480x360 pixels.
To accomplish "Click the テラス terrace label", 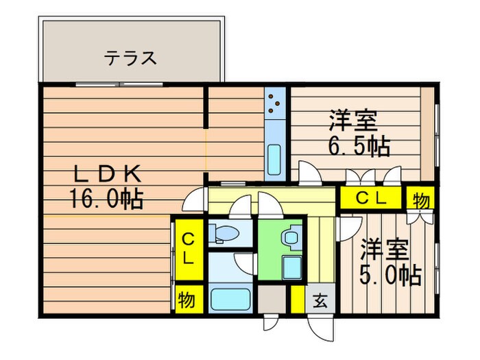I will [x=130, y=58].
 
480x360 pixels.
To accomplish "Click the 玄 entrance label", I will [x=320, y=300].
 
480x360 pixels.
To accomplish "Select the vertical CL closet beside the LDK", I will [x=187, y=249].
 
